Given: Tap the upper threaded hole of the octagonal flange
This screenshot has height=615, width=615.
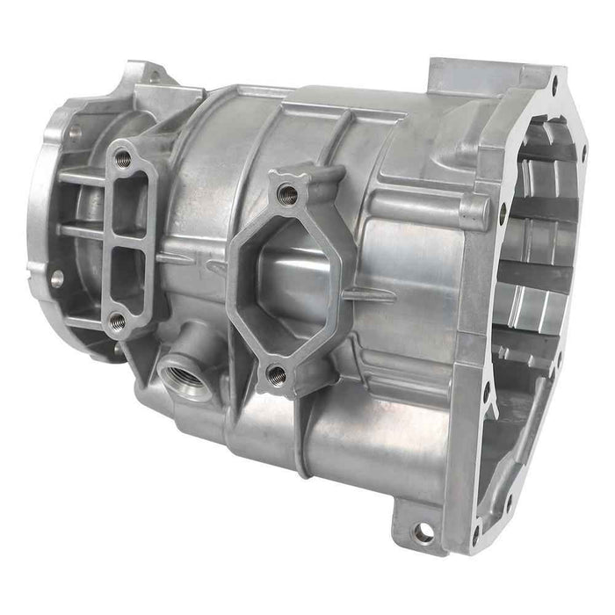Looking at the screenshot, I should pos(286,194).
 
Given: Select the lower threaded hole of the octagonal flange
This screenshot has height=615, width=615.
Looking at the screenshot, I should pos(276,376).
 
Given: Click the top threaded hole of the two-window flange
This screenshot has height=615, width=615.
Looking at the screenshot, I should pos(123,160).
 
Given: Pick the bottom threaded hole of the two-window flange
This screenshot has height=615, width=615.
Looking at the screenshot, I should pos(117,322).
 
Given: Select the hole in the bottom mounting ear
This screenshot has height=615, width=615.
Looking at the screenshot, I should pos(424,532).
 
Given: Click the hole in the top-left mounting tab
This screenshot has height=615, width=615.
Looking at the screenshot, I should pos(153,77).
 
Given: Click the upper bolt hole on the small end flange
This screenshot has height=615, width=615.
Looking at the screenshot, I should pos(75,132).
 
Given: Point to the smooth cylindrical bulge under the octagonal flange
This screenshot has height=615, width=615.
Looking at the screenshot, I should pos(369,439).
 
